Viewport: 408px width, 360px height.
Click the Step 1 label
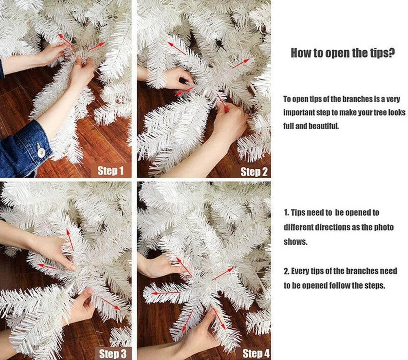(110, 171)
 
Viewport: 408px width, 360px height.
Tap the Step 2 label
(254, 172)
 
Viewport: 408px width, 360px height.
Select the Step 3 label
(112, 354)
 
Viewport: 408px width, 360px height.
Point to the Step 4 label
(256, 354)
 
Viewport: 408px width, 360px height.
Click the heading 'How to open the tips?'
(343, 53)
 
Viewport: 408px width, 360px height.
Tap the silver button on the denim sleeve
(41, 152)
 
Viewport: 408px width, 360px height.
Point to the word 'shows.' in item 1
(296, 242)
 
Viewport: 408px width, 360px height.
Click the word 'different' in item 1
(298, 227)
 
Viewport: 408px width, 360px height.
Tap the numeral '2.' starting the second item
(286, 271)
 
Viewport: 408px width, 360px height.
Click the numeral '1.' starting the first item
(286, 213)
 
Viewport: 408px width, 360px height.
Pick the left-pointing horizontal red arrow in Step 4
(165, 293)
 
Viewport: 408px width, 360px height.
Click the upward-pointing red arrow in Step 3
(70, 240)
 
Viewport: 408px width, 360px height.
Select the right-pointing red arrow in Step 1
(97, 46)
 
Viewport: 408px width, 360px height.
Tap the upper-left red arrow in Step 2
(176, 49)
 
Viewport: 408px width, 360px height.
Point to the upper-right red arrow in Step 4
(223, 274)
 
